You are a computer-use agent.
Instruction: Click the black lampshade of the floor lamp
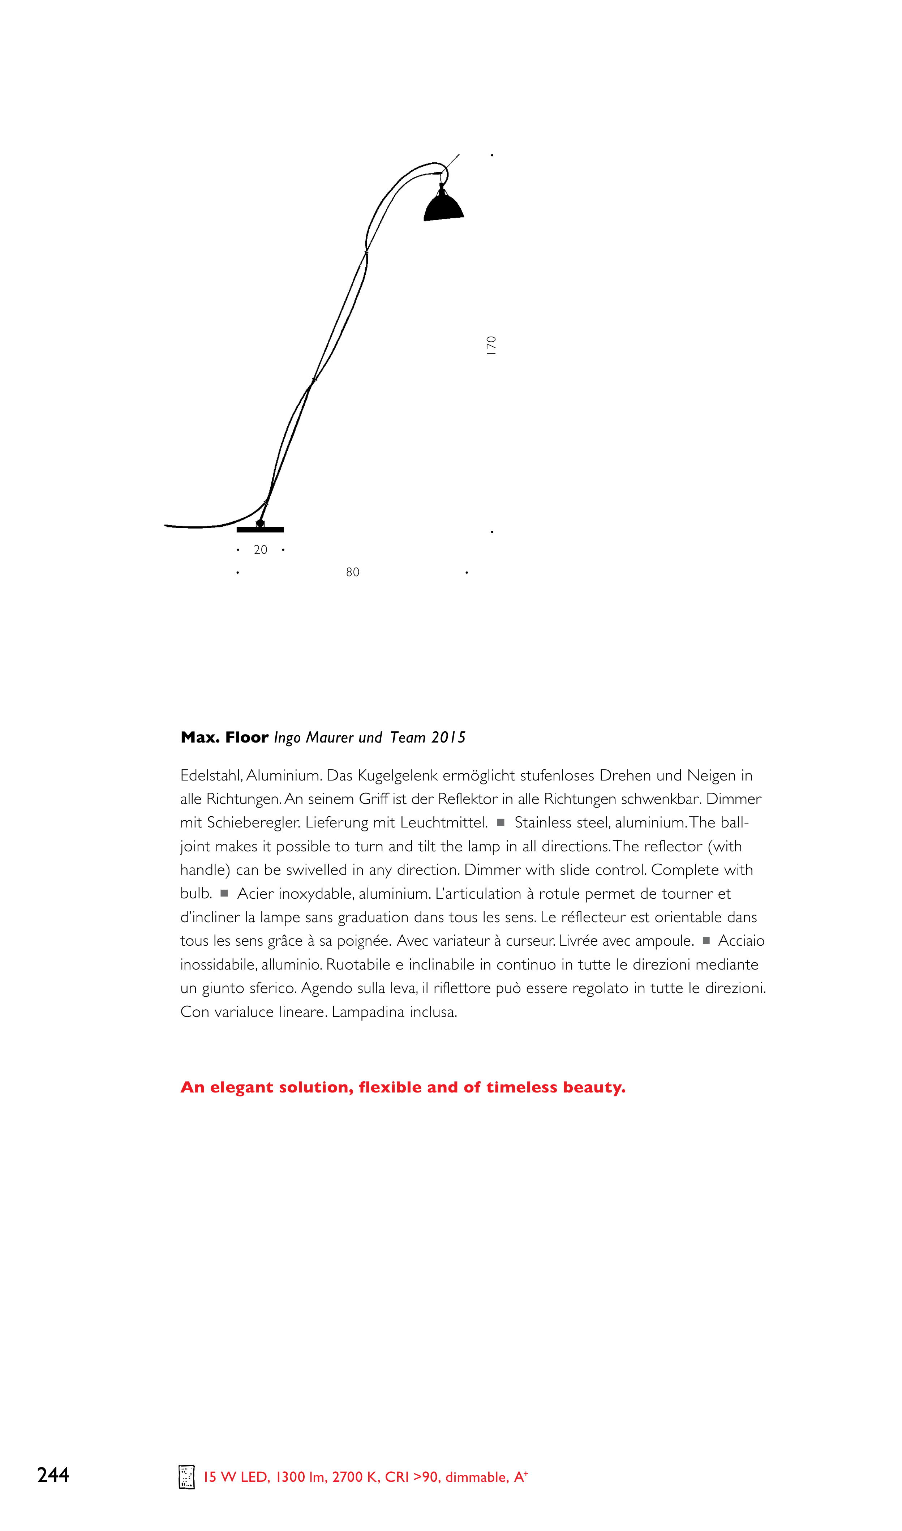tap(444, 207)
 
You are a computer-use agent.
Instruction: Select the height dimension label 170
tap(491, 345)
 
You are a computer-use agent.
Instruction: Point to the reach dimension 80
tap(353, 572)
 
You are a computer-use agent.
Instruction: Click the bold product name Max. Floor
tap(224, 737)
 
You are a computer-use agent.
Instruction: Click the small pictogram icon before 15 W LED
tap(186, 1477)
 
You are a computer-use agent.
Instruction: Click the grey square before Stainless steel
tap(501, 822)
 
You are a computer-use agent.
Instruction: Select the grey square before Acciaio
tap(706, 941)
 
